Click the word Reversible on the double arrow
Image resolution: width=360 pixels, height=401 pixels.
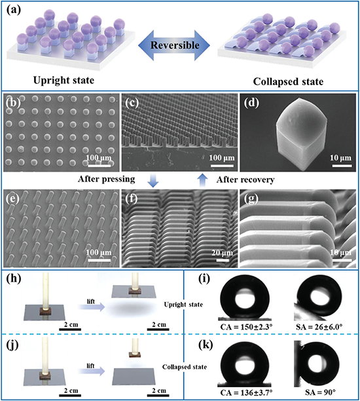(175, 45)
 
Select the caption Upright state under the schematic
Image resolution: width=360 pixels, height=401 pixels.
(64, 81)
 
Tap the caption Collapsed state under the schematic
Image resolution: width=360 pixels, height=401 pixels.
(288, 82)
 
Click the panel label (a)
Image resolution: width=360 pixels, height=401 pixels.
(14, 10)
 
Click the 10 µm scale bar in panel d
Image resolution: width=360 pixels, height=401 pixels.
(342, 166)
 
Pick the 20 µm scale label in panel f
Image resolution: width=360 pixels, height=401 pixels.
(223, 253)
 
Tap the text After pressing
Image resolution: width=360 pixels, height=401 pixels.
(107, 179)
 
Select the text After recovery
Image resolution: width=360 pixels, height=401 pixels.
(245, 180)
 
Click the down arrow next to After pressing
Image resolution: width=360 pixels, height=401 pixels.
(153, 181)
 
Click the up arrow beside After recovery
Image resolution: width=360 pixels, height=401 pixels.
(203, 180)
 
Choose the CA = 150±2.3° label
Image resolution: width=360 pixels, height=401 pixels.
(245, 327)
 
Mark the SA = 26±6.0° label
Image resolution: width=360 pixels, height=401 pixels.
(319, 327)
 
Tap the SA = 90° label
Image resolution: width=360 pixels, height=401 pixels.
(320, 392)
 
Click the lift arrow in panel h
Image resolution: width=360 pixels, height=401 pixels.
(92, 307)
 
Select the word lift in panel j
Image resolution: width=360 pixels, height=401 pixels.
(90, 366)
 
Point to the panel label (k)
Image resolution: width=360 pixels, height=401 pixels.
(206, 345)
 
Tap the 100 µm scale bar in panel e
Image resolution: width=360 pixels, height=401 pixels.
(99, 260)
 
